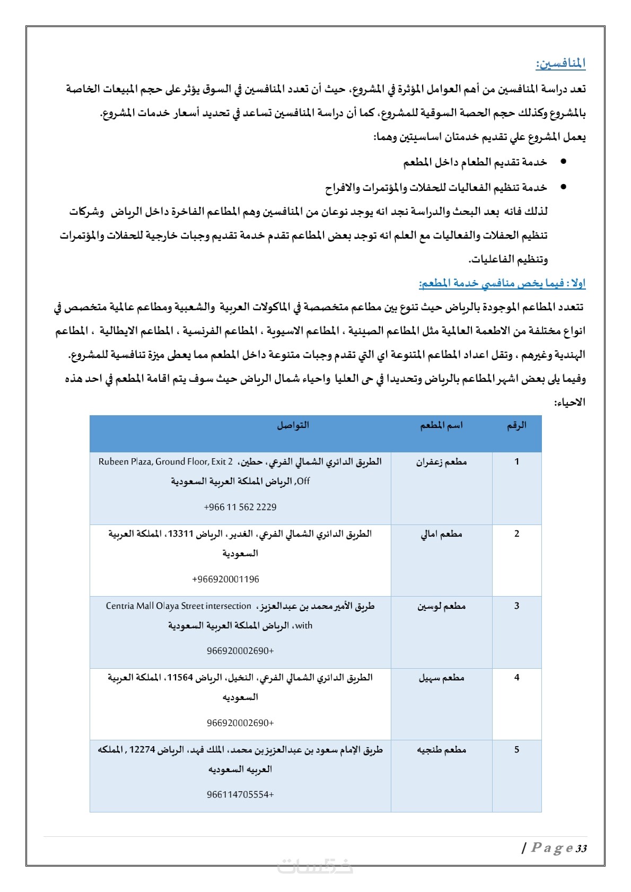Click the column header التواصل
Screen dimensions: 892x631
pos(293,425)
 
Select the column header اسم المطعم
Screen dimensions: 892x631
pos(441,425)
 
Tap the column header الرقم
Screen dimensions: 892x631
pos(516,425)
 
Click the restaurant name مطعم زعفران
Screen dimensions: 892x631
pos(441,462)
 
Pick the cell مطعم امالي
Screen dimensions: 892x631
pos(441,534)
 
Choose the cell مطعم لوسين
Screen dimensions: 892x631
pos(441,606)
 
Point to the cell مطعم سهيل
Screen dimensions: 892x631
pos(441,678)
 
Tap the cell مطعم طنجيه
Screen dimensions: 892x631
pos(441,750)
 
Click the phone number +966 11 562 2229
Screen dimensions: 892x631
pos(240,507)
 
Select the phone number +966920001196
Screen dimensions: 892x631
pos(225,579)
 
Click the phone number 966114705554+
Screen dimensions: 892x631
pos(240,794)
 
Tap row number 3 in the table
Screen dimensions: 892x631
pos(516,606)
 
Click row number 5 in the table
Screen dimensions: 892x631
pos(516,750)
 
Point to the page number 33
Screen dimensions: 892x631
pos(581,849)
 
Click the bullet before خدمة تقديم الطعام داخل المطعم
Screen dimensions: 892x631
pos(563,161)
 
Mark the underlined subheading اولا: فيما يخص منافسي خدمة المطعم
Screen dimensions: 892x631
pos(502,284)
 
